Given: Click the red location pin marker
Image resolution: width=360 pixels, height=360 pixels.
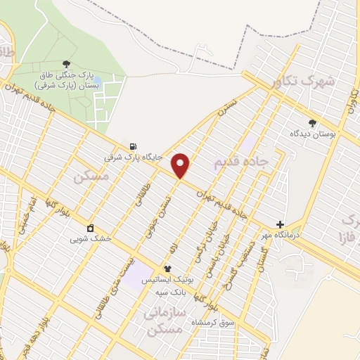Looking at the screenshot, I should [181, 165].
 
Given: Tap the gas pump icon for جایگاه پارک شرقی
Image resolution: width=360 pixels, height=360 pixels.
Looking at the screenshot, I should [132, 146].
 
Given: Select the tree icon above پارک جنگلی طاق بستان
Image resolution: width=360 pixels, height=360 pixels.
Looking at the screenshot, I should [67, 64].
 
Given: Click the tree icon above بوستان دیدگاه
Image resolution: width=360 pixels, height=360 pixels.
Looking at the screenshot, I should [312, 122].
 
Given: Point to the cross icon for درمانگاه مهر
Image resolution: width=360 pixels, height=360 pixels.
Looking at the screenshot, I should [280, 224].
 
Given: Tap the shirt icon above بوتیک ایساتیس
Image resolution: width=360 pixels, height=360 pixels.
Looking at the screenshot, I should [167, 269].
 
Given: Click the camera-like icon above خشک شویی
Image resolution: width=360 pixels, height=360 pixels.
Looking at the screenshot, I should [91, 228].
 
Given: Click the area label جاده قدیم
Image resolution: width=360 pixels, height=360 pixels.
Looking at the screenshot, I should [241, 162].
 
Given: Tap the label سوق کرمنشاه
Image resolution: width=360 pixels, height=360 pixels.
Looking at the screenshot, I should [214, 322].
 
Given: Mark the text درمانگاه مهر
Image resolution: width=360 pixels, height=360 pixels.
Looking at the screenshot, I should [277, 235].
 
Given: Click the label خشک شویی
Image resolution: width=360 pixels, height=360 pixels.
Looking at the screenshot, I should [91, 238].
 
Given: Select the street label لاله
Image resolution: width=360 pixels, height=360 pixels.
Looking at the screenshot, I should [175, 247].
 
